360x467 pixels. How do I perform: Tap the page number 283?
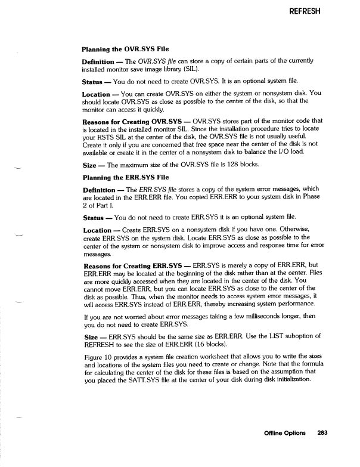[x=322, y=432]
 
